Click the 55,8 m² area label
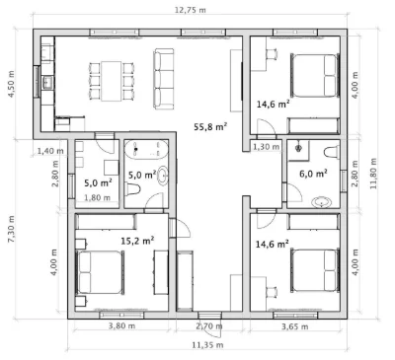(210, 126)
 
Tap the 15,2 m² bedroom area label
(137, 241)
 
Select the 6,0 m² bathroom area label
(313, 174)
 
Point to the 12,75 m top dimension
(191, 10)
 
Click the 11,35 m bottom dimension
(207, 345)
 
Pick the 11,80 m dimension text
(373, 174)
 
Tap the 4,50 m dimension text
(12, 84)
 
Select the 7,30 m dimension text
(12, 229)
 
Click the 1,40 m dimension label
(50, 151)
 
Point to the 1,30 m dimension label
(267, 147)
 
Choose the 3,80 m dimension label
(121, 326)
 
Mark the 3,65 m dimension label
(295, 326)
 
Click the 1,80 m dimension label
(97, 198)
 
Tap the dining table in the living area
(112, 81)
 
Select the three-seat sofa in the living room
(164, 79)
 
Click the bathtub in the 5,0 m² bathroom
(146, 150)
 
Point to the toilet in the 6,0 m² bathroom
(332, 153)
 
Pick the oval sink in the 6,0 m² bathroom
(323, 202)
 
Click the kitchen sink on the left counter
(48, 82)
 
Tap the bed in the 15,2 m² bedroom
(100, 272)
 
